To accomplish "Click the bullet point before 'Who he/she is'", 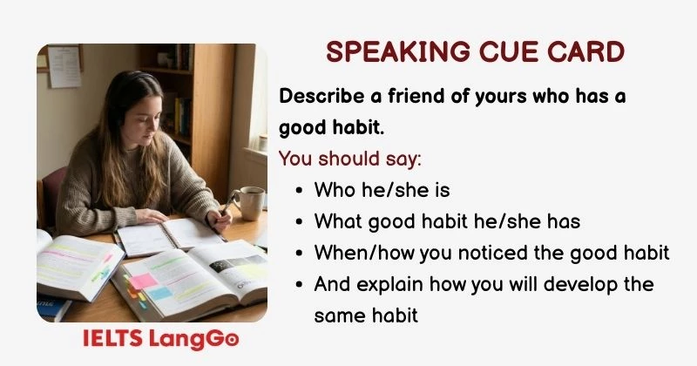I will [300, 190].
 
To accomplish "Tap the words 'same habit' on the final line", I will [366, 315].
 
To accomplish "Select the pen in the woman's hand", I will [228, 206].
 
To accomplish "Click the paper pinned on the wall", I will [64, 66].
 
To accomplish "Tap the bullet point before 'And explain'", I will [300, 284].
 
